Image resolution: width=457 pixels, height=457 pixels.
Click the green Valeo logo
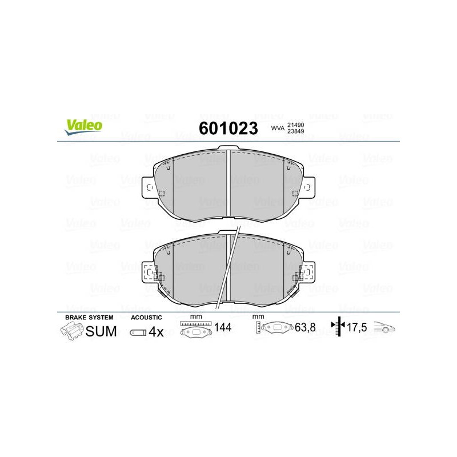coord(83,127)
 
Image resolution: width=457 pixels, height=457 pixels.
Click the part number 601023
coord(228,128)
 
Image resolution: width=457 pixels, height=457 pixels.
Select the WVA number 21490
coord(295,125)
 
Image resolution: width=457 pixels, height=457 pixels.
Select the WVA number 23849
coord(295,131)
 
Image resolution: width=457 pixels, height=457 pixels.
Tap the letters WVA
coord(278,128)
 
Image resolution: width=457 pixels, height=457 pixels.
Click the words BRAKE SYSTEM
coord(89,318)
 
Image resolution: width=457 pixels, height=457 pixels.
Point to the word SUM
coord(101,331)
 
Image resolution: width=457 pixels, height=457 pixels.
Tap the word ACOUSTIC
coord(146,318)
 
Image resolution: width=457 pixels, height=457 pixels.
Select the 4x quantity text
coord(156,332)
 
